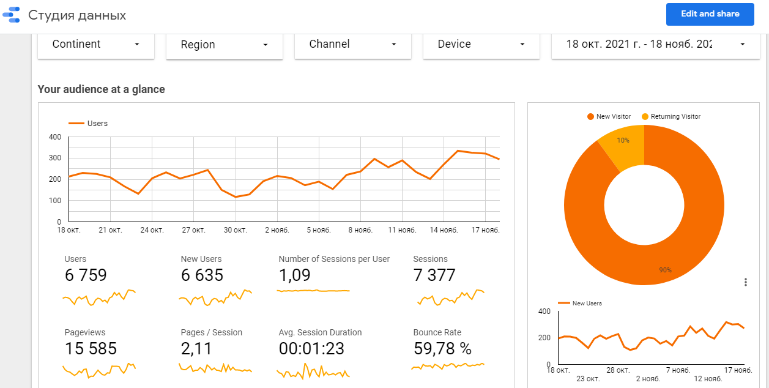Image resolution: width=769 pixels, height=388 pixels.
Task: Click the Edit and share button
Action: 710,14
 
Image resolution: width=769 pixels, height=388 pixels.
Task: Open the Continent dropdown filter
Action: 96,45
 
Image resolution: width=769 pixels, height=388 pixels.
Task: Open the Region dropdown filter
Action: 224,45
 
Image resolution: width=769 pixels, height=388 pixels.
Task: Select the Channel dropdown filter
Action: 352,45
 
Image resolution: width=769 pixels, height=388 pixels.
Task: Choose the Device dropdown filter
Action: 481,45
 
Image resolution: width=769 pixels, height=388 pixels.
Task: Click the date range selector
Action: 655,45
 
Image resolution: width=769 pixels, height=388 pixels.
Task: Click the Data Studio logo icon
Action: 12,15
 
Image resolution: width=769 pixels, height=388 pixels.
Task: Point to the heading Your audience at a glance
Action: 102,89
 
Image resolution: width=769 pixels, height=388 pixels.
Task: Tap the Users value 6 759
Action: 86,275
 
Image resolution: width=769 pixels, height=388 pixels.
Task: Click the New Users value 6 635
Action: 202,275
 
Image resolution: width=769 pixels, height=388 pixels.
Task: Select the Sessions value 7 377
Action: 434,275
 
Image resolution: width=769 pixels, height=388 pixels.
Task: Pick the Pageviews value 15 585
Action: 91,348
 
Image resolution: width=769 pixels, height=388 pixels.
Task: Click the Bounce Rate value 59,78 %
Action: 442,348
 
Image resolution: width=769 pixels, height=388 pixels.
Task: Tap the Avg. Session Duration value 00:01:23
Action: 311,348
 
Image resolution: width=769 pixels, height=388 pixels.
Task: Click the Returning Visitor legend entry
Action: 671,117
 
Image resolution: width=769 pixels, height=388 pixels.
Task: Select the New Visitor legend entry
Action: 609,117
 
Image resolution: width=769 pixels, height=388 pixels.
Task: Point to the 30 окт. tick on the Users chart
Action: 236,230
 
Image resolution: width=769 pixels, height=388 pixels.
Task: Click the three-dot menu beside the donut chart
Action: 745,282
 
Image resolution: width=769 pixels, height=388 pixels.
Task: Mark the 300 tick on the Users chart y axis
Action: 55,158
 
